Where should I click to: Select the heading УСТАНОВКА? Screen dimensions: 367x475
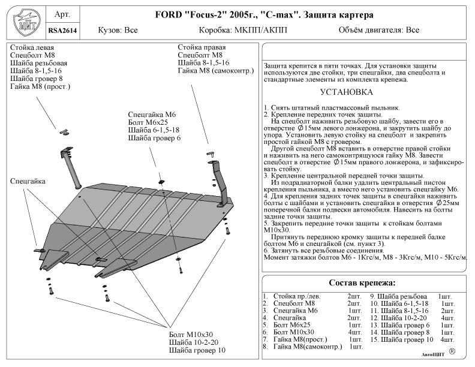tap(347, 92)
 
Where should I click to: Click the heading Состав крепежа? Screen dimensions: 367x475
tap(363, 282)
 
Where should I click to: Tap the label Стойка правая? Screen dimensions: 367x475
tap(202, 47)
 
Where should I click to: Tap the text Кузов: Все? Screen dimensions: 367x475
tap(118, 29)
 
